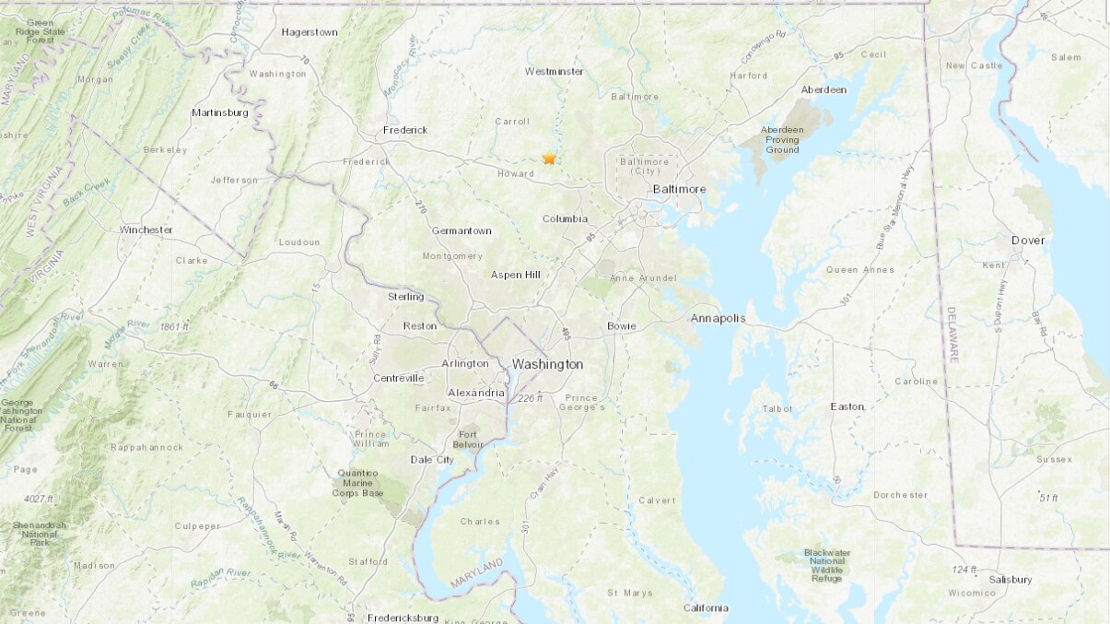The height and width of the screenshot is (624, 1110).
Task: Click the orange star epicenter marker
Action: pyautogui.click(x=550, y=159)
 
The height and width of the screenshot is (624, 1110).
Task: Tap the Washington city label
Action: pyautogui.click(x=547, y=364)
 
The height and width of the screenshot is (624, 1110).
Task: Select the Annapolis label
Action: pyautogui.click(x=718, y=319)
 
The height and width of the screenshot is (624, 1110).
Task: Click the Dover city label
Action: pyautogui.click(x=1028, y=240)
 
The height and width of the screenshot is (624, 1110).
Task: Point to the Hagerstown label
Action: pyautogui.click(x=310, y=31)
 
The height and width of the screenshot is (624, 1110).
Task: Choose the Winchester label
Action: pyautogui.click(x=146, y=230)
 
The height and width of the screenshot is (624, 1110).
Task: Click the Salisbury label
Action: pyautogui.click(x=1010, y=579)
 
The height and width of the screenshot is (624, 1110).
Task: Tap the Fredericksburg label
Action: pyautogui.click(x=403, y=618)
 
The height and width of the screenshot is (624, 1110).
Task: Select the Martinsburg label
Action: pyautogui.click(x=220, y=112)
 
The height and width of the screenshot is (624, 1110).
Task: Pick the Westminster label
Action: pyautogui.click(x=554, y=71)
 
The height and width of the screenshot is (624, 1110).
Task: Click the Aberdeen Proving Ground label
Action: pyautogui.click(x=781, y=139)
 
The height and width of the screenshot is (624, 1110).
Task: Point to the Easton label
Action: pyautogui.click(x=847, y=406)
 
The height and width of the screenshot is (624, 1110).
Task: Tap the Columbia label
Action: pyautogui.click(x=565, y=218)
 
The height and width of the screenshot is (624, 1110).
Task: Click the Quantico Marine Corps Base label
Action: pyautogui.click(x=357, y=483)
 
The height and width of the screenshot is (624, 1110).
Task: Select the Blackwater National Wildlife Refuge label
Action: pyautogui.click(x=824, y=565)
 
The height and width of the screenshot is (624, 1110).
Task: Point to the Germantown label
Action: pyautogui.click(x=462, y=230)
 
